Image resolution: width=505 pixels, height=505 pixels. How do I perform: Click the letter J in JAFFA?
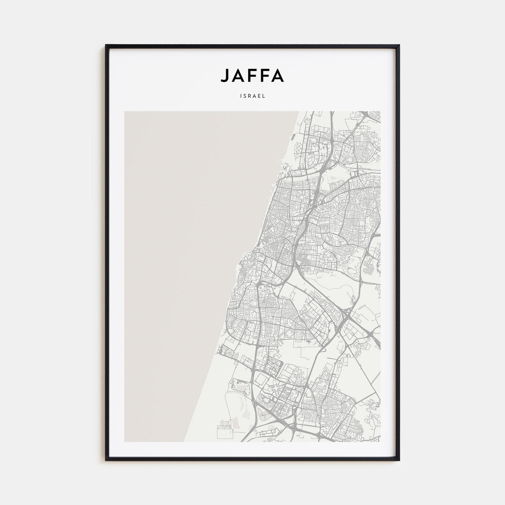coord(224,75)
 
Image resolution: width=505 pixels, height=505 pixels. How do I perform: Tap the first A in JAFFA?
coord(238,75)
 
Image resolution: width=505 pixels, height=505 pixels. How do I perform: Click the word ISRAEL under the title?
coord(252,96)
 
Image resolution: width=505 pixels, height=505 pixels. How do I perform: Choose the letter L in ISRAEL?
coord(264,96)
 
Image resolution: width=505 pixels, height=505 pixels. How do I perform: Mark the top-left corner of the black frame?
coord(106,45)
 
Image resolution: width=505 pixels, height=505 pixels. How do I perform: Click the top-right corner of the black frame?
coord(399,45)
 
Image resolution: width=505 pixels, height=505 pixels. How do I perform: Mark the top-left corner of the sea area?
coord(125,112)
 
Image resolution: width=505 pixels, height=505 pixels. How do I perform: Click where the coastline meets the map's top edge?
coord(299,111)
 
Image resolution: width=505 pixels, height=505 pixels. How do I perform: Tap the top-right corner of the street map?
coord(380,111)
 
